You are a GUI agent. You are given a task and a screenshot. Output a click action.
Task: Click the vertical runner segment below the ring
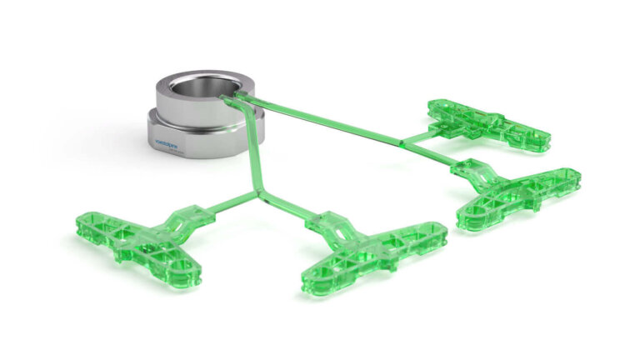tap(252, 167)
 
